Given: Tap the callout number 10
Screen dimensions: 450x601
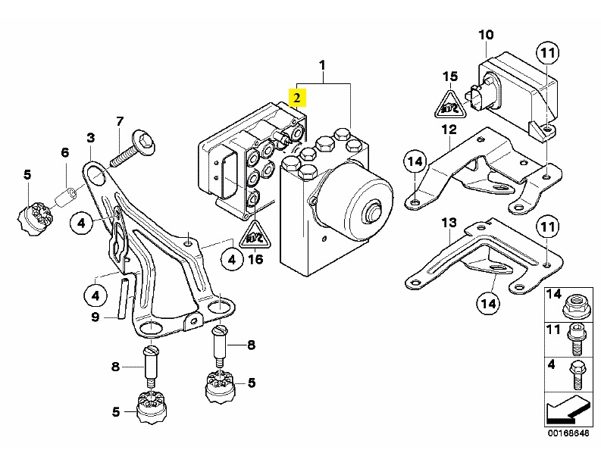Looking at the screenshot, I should point(486,34).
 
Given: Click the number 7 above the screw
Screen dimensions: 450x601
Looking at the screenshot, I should point(120,121).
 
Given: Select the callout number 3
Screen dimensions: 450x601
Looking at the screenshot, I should point(91,137).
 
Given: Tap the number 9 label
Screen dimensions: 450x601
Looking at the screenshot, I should point(95,317).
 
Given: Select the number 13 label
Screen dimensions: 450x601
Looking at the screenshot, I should point(449,223).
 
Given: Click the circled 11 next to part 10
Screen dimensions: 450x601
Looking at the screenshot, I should point(547,52).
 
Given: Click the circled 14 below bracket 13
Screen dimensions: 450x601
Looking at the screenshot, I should point(490,305).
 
